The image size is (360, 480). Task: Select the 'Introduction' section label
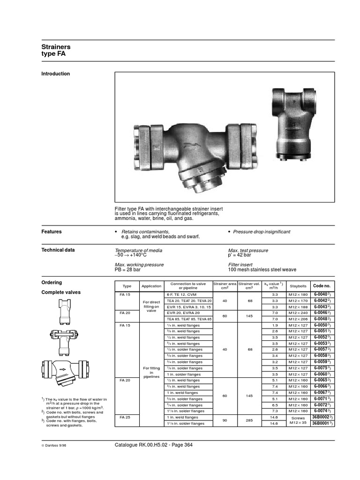point(56,74)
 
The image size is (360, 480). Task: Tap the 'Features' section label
point(52,232)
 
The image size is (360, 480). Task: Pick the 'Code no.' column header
point(322,285)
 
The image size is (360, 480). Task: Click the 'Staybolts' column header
point(298,285)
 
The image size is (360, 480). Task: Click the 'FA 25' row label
point(125,417)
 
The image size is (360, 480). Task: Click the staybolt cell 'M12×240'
point(298,312)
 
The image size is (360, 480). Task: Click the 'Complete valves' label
point(61,292)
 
